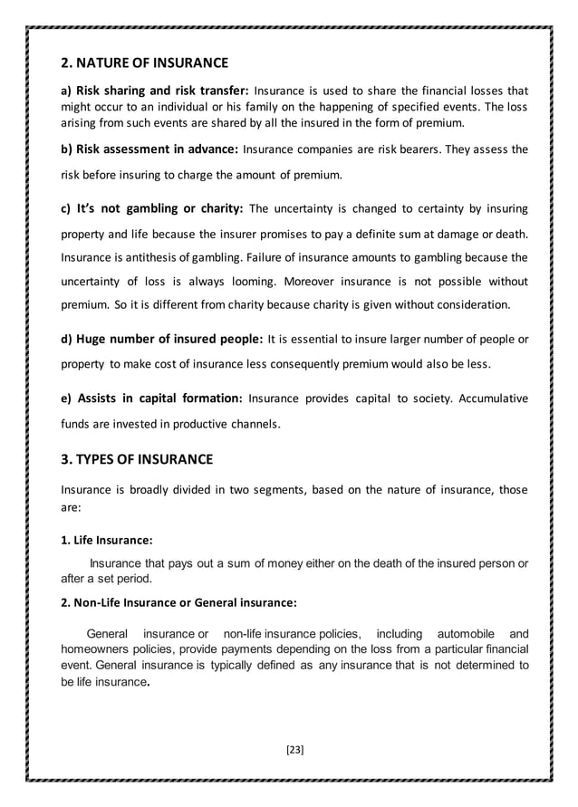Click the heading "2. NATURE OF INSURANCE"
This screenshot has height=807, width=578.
[143, 63]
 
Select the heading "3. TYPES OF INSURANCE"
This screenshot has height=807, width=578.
[136, 459]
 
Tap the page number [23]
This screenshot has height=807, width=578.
[294, 749]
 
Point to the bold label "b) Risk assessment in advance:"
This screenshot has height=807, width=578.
[149, 149]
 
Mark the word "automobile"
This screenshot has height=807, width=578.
[458, 632]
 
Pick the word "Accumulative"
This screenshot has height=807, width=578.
[488, 398]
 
